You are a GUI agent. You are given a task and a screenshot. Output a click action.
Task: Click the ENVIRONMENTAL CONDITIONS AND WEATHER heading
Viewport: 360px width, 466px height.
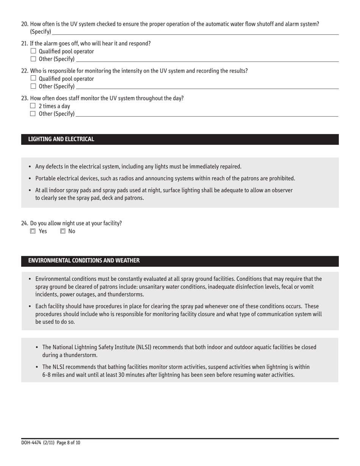tap(84, 261)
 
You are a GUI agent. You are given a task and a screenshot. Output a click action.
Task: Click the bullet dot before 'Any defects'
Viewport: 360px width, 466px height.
tap(30, 167)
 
